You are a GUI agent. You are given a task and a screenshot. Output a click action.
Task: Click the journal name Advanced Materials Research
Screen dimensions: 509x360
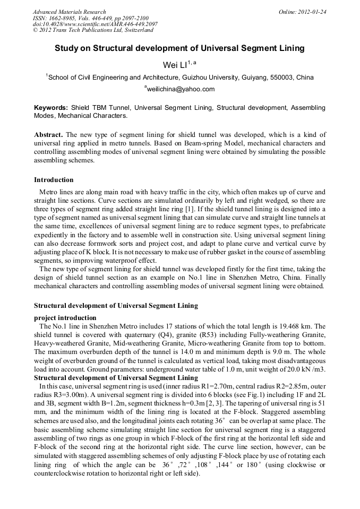(69, 11)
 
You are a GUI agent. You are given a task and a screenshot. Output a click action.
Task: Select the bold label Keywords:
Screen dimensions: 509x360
(51, 107)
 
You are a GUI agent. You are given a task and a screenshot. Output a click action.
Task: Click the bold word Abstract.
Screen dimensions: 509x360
(48, 135)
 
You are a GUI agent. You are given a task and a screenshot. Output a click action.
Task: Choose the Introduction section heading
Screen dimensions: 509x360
(54, 180)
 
